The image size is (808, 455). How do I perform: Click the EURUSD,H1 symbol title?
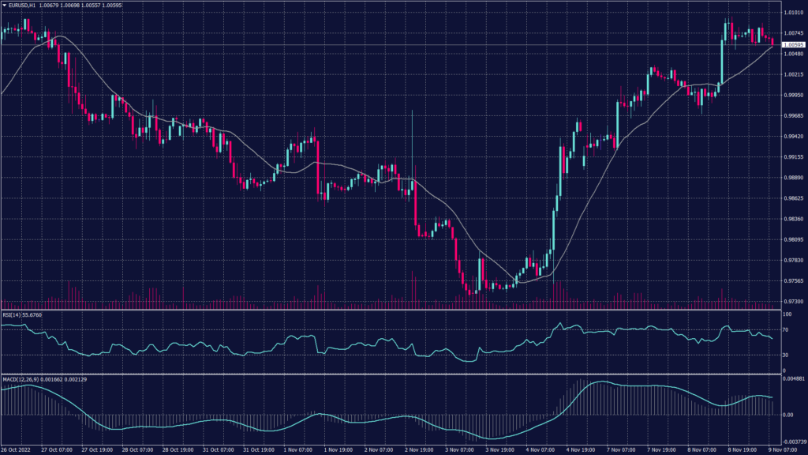pos(28,6)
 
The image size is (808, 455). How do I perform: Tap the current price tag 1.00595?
pos(792,44)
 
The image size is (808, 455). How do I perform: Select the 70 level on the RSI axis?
pos(786,329)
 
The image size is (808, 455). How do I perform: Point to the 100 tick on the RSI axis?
pos(787,314)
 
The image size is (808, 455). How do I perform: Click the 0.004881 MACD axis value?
pos(793,379)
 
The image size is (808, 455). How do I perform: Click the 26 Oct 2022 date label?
pos(17,449)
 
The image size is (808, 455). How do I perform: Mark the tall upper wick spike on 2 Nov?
pos(412,134)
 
